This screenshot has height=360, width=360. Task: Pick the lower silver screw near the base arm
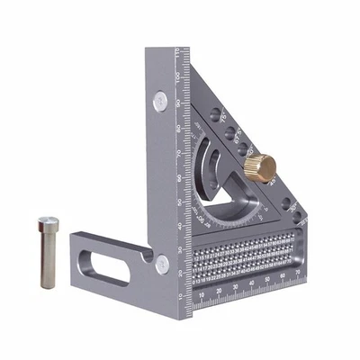click(x=161, y=263)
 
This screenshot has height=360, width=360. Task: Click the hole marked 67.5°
click(x=229, y=132)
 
